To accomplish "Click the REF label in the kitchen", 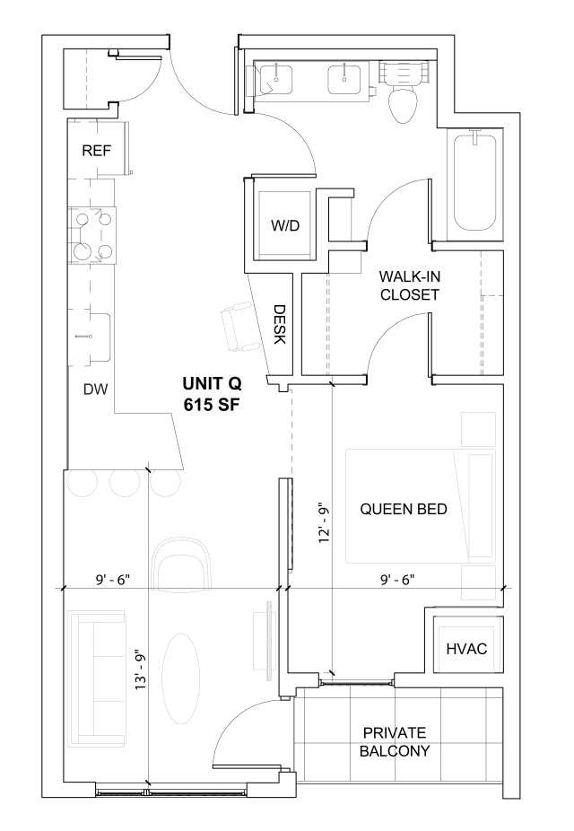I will (96, 150).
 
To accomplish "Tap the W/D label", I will (285, 225).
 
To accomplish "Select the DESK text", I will (279, 325).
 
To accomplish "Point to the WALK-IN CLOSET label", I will (410, 286).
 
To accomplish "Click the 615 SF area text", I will (213, 404).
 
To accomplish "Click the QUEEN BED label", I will (404, 509).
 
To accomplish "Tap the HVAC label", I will (465, 648).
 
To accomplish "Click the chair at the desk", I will (239, 324).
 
